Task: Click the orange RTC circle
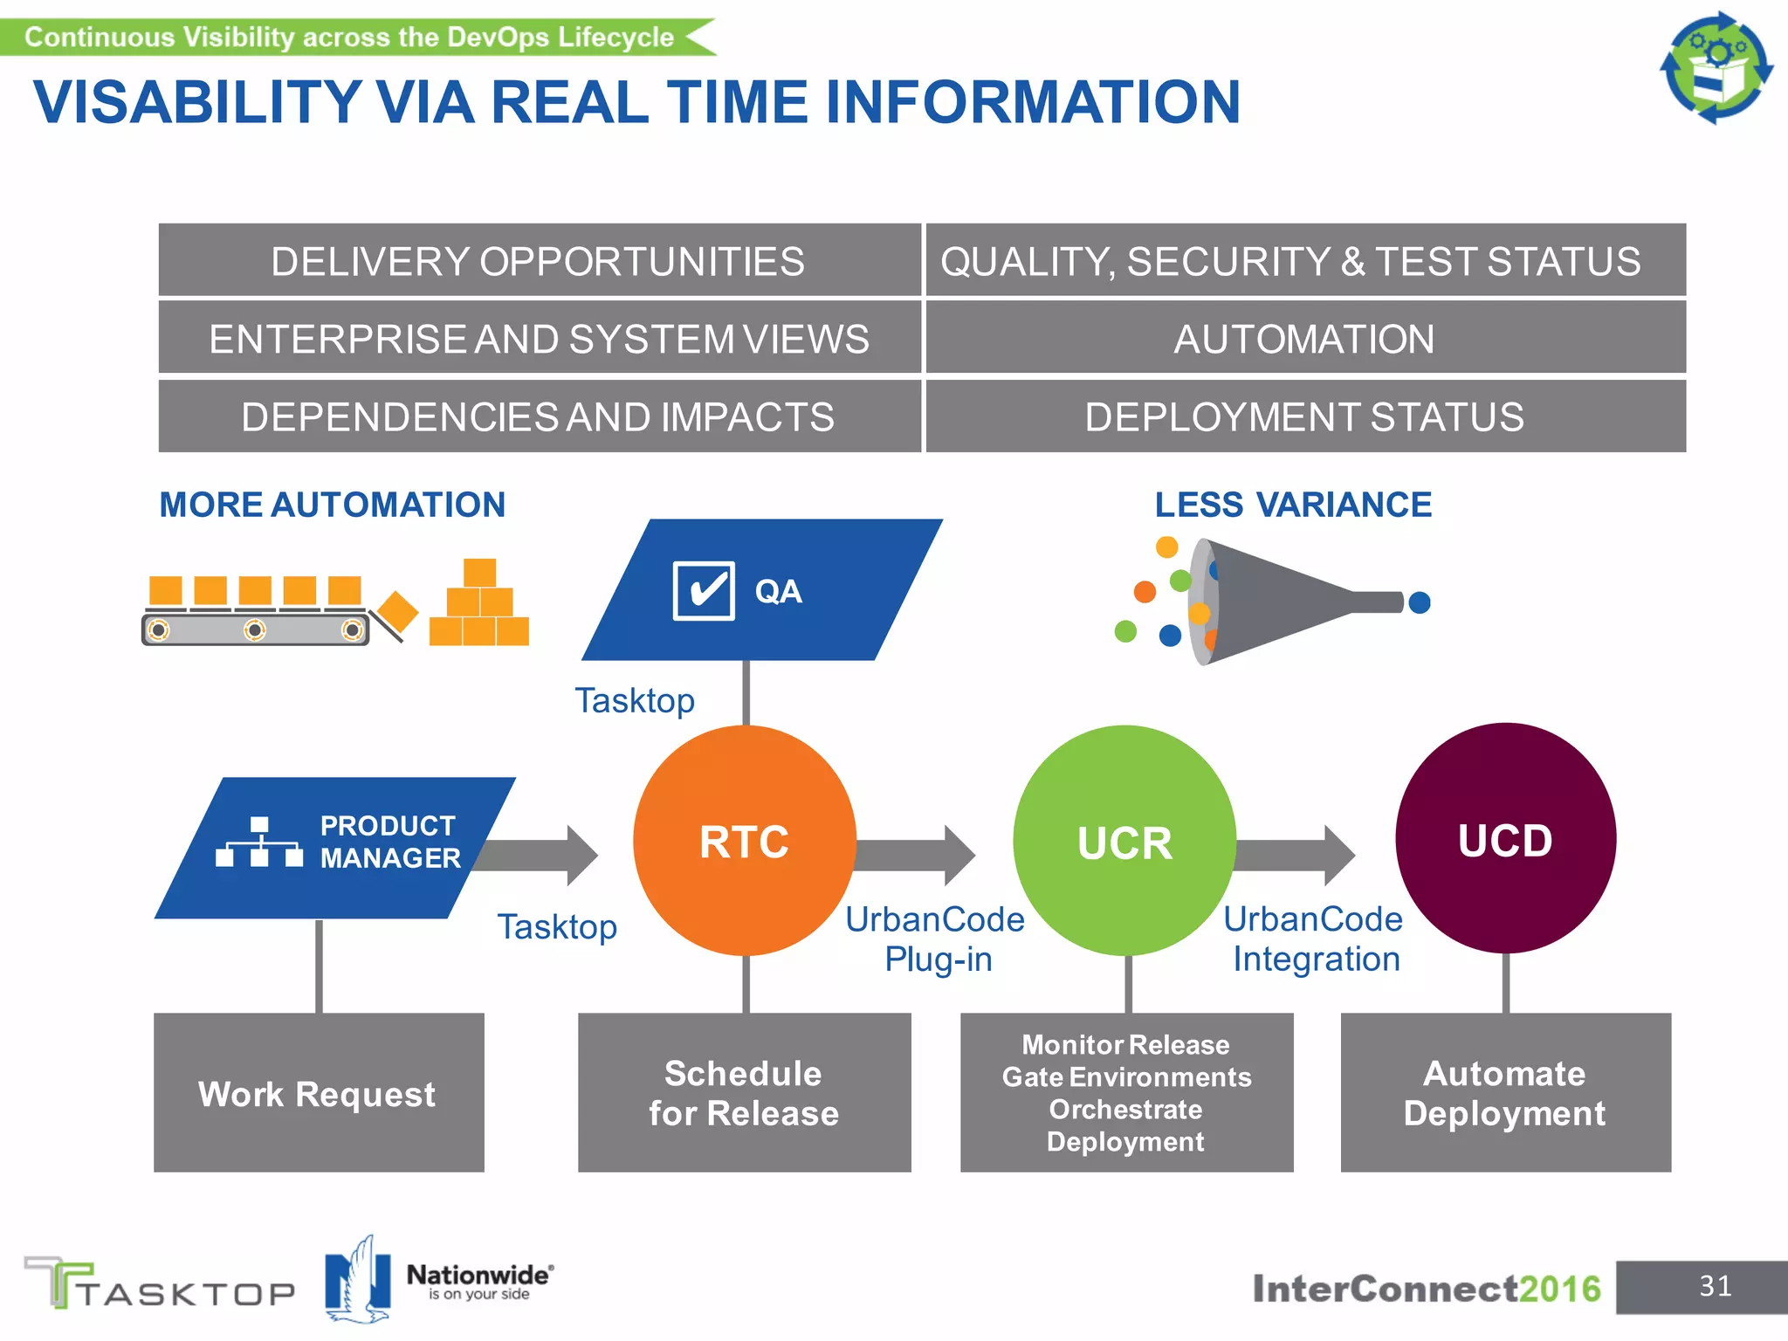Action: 744,840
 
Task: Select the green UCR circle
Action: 1124,840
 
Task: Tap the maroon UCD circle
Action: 1505,838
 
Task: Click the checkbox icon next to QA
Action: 704,591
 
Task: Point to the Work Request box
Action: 319,1092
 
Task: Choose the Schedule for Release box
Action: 744,1092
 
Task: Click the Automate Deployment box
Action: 1505,1092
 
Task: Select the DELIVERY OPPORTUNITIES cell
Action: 539,261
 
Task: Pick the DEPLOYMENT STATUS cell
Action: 1305,416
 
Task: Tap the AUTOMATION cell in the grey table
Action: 1305,339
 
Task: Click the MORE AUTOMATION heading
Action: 332,505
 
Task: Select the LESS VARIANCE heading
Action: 1293,505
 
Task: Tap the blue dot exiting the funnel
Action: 1420,602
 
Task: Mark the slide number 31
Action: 1715,1286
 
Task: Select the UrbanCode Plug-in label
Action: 936,939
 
